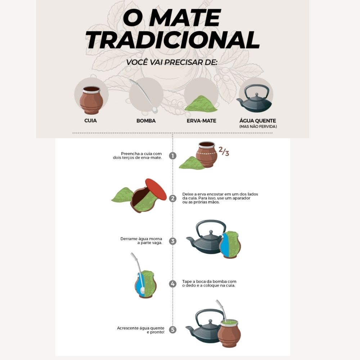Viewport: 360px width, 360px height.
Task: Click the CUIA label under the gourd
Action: coord(90,121)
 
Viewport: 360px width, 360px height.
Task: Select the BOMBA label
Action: coord(146,121)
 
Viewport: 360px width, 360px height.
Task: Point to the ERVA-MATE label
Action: coord(201,121)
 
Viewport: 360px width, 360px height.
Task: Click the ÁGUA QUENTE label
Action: coord(258,121)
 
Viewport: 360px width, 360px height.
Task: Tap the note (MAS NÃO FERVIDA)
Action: coord(258,127)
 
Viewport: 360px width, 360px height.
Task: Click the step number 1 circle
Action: coord(173,156)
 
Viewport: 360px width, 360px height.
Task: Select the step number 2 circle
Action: coord(173,198)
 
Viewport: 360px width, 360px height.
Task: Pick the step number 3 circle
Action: coord(173,241)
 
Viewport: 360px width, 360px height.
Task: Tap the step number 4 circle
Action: coord(173,284)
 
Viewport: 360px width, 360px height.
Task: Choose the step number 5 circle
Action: coord(173,329)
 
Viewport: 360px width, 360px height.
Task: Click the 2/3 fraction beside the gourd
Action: coord(224,152)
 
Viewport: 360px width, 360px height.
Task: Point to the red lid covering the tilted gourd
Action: coord(156,190)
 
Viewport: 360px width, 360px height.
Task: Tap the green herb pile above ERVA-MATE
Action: coord(201,104)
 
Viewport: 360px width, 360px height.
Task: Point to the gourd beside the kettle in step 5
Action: coord(229,333)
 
